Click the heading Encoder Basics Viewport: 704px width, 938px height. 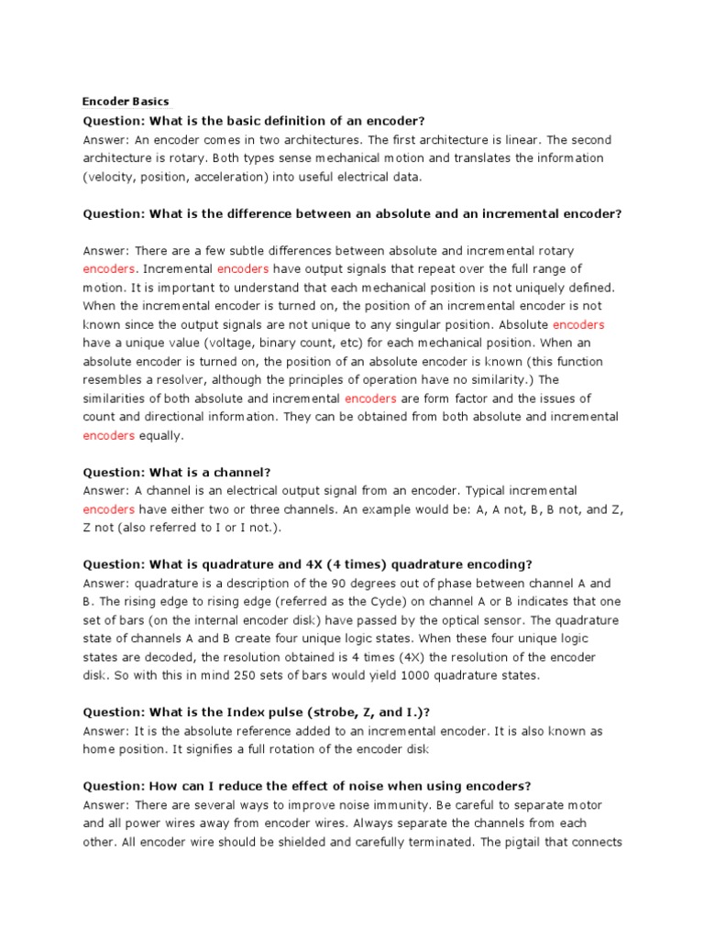pyautogui.click(x=126, y=102)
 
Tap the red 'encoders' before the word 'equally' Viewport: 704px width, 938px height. pyautogui.click(x=109, y=436)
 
